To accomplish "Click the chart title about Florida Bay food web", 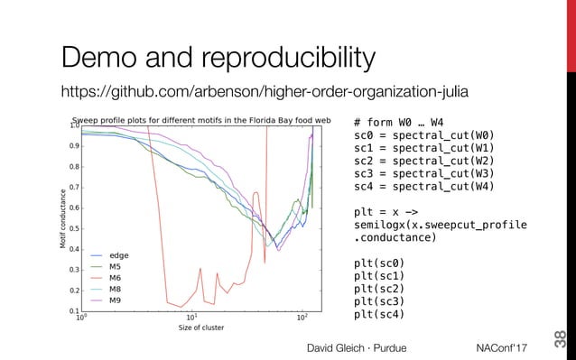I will tap(201, 120).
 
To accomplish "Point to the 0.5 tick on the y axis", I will tap(73, 229).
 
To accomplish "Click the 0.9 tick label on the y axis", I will tap(73, 146).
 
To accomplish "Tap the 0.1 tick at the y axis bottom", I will tap(73, 311).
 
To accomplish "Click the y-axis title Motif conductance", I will tap(62, 219).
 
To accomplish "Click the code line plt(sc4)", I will tap(379, 315).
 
